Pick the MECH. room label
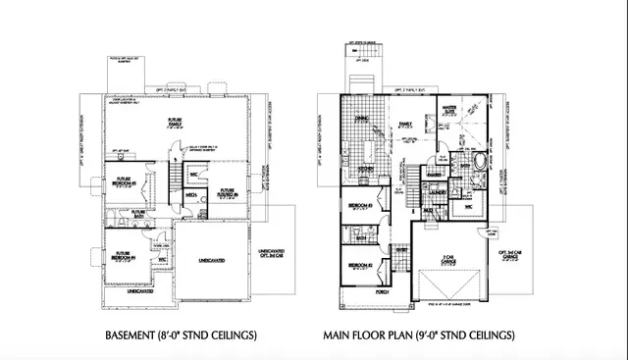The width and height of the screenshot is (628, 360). tap(192, 195)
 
